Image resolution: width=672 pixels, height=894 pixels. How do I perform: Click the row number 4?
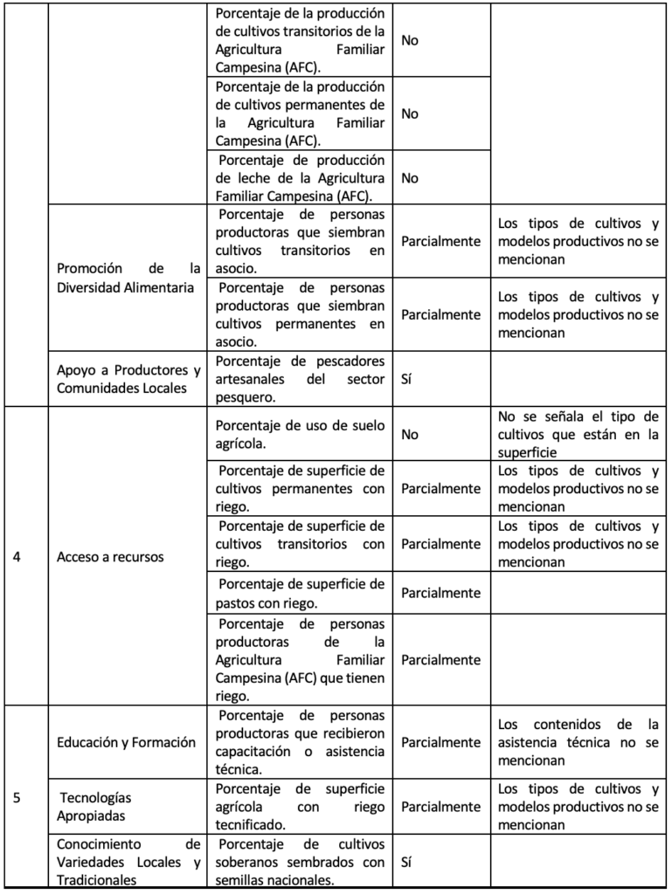pyautogui.click(x=18, y=557)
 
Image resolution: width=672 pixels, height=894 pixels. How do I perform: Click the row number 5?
pyautogui.click(x=18, y=797)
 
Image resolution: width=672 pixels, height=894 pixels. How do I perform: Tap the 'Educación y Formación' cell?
pyautogui.click(x=125, y=742)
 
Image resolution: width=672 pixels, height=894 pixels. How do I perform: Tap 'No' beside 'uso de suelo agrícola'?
pyautogui.click(x=409, y=432)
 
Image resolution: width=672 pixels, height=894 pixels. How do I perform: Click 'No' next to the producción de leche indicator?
pyautogui.click(x=409, y=178)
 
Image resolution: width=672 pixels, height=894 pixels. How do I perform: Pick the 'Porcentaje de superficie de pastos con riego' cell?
pyautogui.click(x=300, y=593)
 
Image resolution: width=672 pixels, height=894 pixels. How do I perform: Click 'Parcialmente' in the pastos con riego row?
pyautogui.click(x=440, y=593)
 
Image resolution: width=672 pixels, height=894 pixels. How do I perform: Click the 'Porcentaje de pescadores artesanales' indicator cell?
pyautogui.click(x=300, y=378)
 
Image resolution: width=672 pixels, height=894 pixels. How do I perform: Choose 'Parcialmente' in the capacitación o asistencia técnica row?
pyautogui.click(x=440, y=742)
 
